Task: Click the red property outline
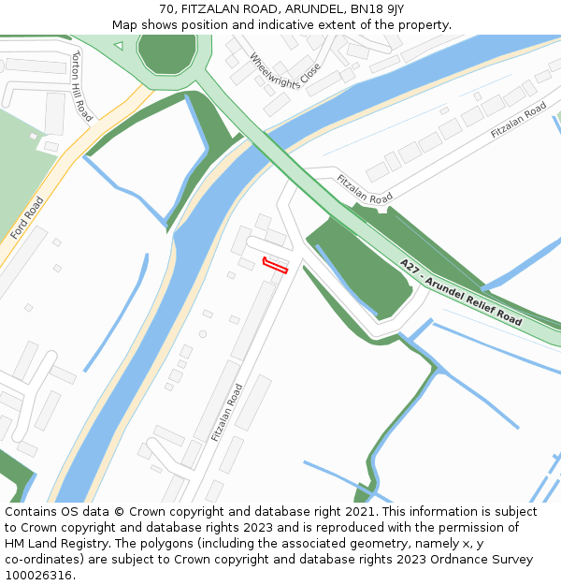[x=275, y=266]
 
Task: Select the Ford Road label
[x=27, y=218]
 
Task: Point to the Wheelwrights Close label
[x=284, y=75]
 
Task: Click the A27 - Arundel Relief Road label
[x=460, y=292]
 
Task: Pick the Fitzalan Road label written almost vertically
[x=227, y=413]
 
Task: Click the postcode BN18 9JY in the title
[x=378, y=8]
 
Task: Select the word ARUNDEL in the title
[x=315, y=8]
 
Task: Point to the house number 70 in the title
[x=167, y=8]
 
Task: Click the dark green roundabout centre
[x=166, y=51]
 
